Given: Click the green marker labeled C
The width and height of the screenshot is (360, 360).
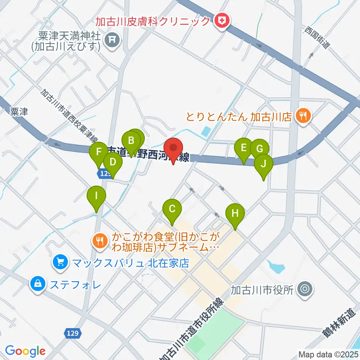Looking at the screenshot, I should coord(172,208).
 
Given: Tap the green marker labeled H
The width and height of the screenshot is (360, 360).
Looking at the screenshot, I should coord(235,214).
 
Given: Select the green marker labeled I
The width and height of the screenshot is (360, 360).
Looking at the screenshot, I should coord(97,196).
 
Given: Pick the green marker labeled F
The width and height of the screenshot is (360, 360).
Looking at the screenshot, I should coord(99,152).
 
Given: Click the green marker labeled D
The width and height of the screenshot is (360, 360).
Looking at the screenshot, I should coord(112,163).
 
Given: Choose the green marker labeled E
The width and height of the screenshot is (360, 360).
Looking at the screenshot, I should coord(244,148).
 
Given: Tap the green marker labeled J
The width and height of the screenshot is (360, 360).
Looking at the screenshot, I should coord(263,164).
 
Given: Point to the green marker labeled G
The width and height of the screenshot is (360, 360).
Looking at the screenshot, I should coord(259,148).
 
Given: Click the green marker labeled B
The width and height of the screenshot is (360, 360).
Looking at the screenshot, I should coord(131,141).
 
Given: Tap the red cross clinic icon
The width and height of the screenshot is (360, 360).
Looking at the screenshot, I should coord(223,21).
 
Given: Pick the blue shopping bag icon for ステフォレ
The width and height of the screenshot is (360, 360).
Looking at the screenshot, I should coord(38,283).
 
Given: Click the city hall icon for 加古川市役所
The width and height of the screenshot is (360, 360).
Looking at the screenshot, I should coord(304,289).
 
